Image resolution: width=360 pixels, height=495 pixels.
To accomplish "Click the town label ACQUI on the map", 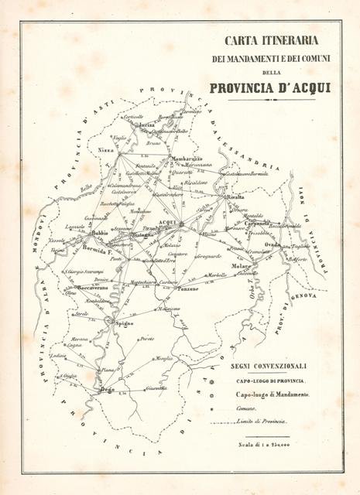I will pyautogui.click(x=167, y=224).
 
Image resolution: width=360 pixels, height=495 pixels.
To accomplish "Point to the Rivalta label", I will pyautogui.click(x=235, y=198).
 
